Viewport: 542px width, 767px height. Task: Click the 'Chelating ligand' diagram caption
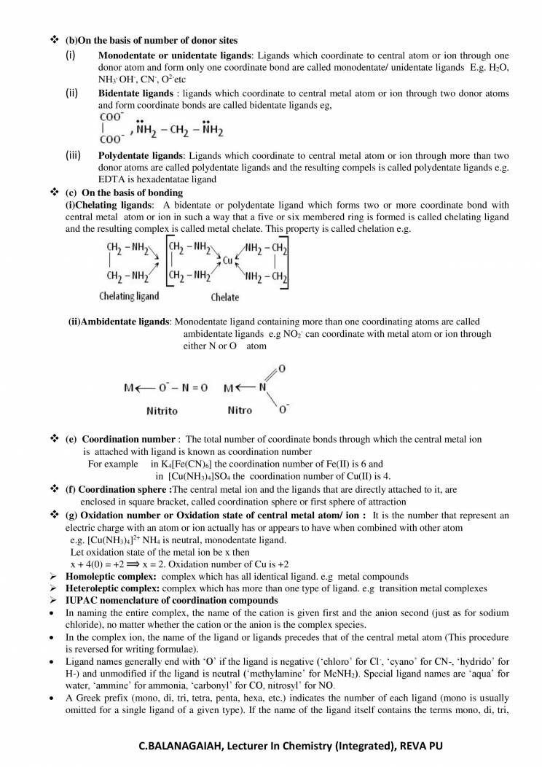(x=128, y=296)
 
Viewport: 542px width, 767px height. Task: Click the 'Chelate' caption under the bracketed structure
(x=225, y=297)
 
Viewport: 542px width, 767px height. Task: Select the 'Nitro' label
(x=240, y=410)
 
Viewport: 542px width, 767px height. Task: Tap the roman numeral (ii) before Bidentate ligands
(x=72, y=94)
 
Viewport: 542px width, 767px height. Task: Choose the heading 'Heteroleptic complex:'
(x=112, y=587)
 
